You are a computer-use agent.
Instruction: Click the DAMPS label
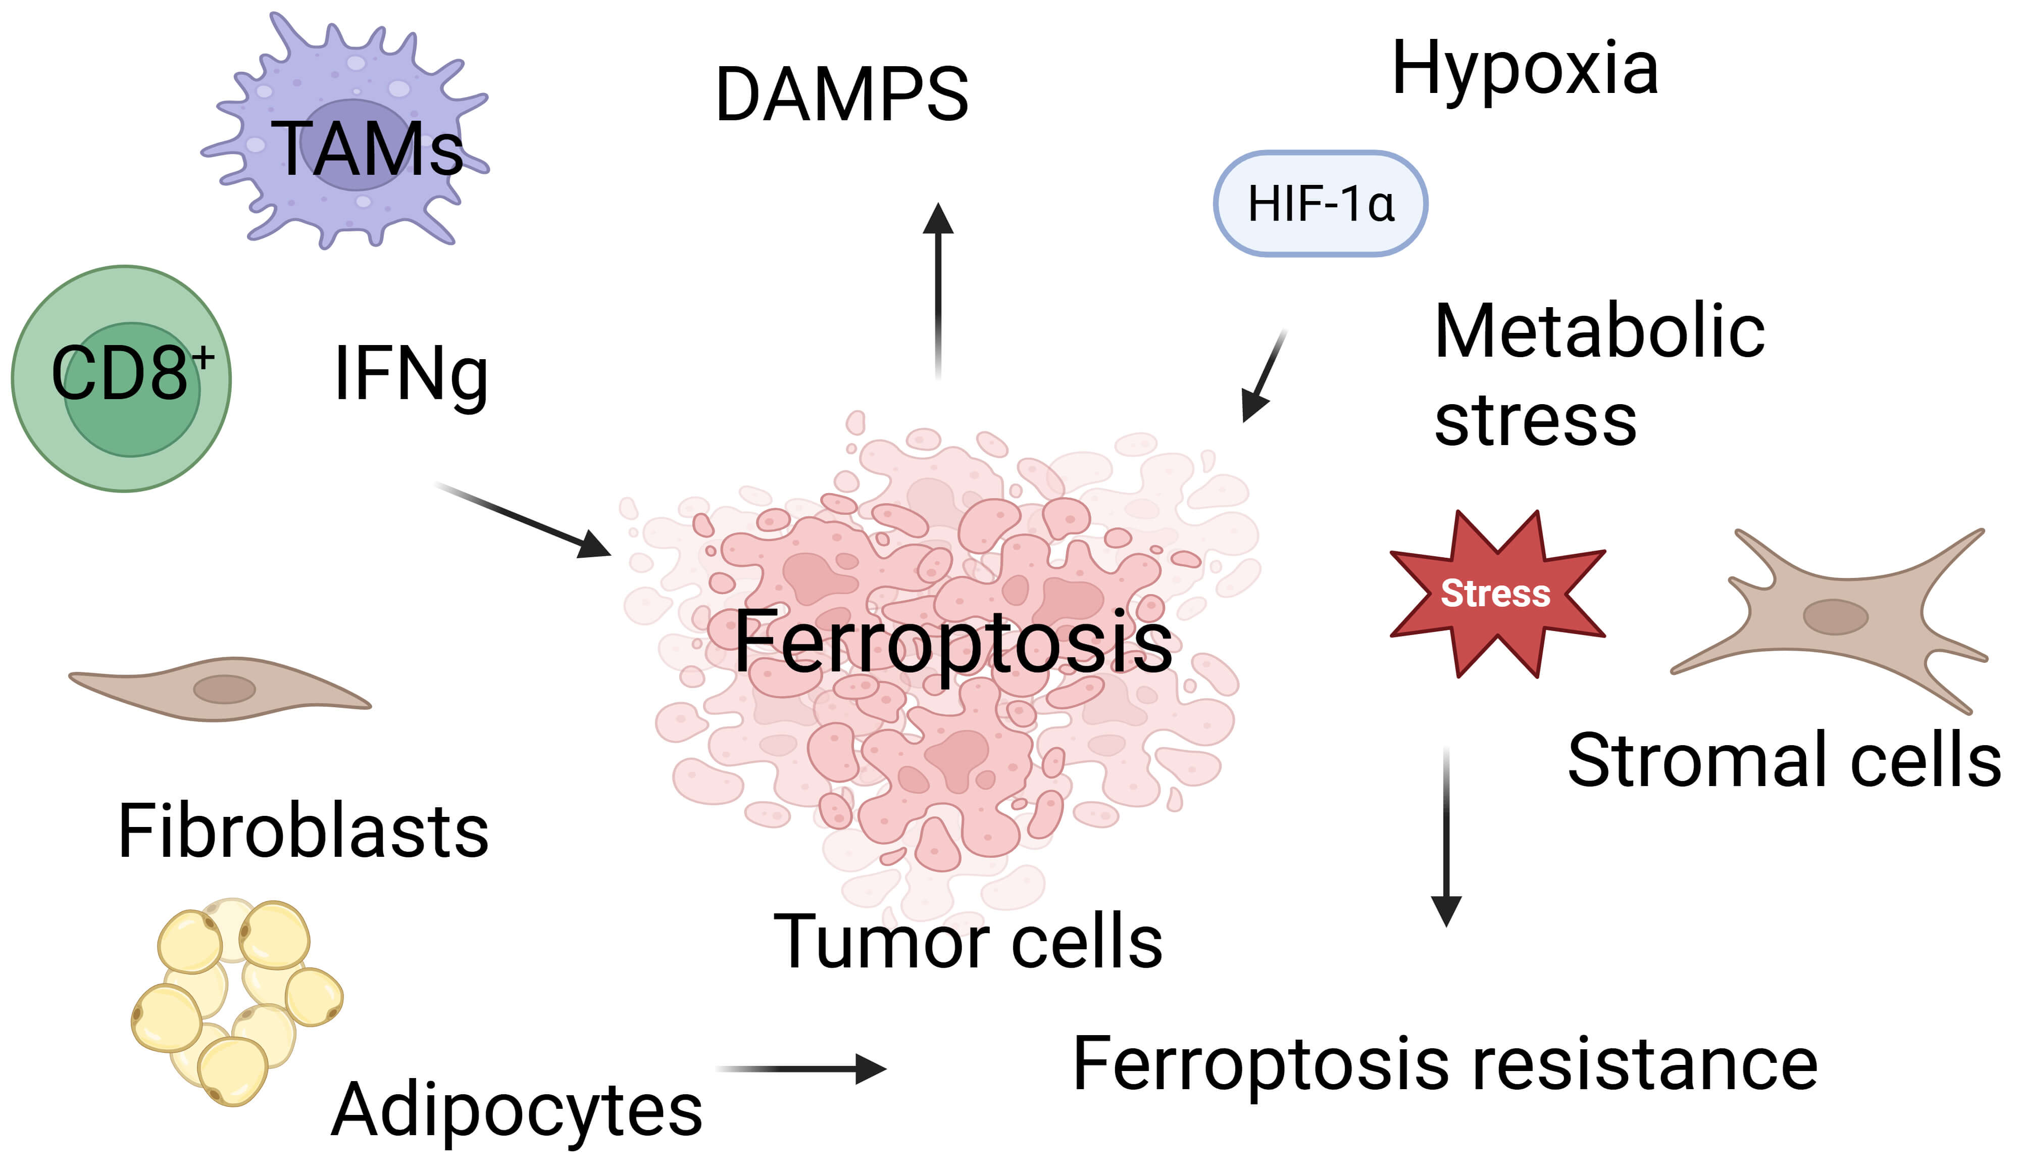pyautogui.click(x=842, y=95)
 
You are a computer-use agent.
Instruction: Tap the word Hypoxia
pyautogui.click(x=1525, y=70)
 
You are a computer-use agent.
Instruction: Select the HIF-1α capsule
pyautogui.click(x=1321, y=204)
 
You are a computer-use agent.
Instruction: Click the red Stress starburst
pyautogui.click(x=1496, y=594)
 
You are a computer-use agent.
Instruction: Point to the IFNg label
pyautogui.click(x=411, y=374)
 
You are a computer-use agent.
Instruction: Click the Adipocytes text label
pyautogui.click(x=517, y=1110)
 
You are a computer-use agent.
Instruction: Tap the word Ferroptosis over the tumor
pyautogui.click(x=953, y=642)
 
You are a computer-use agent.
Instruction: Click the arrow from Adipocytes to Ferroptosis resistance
pyautogui.click(x=801, y=1068)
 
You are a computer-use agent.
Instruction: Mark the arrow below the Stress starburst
pyautogui.click(x=1446, y=837)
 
